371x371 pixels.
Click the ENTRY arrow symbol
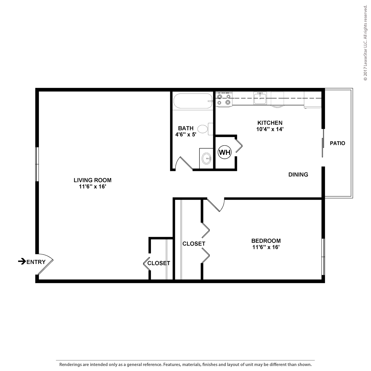click(x=22, y=261)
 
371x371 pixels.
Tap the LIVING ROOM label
click(x=92, y=180)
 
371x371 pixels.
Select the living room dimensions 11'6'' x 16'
click(x=92, y=187)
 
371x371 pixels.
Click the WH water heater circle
click(x=224, y=152)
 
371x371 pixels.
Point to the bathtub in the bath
click(x=193, y=101)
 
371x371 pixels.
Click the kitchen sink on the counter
click(x=260, y=98)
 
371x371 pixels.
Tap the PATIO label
click(x=337, y=143)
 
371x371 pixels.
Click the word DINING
click(x=298, y=175)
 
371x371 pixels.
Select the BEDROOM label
click(x=266, y=241)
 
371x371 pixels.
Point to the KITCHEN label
click(x=270, y=123)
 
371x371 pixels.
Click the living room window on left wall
click(x=37, y=164)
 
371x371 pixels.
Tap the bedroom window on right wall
click(x=323, y=257)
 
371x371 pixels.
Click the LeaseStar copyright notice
click(x=365, y=43)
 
